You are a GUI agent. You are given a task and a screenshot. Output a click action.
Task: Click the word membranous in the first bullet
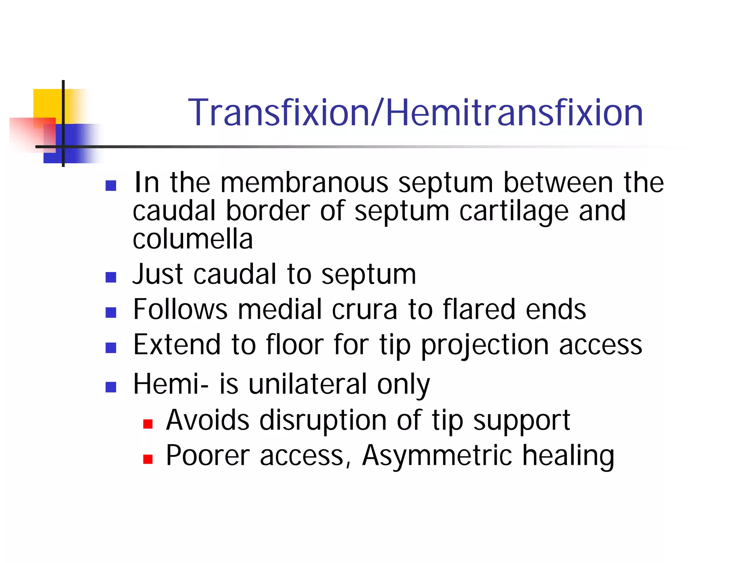point(304,183)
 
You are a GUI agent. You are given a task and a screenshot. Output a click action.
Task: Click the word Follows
point(180,309)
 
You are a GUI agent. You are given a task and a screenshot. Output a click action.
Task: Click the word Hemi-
point(171,384)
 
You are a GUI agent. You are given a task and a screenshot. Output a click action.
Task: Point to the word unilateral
point(307,384)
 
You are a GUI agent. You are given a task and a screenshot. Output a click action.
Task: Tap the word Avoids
point(207,420)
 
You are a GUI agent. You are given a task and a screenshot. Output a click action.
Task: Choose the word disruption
point(323,421)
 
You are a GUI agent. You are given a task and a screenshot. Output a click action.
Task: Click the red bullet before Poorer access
point(148,459)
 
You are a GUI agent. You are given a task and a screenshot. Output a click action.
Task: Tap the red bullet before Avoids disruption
point(148,424)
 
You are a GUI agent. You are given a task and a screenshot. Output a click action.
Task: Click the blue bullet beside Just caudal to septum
point(111,277)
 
